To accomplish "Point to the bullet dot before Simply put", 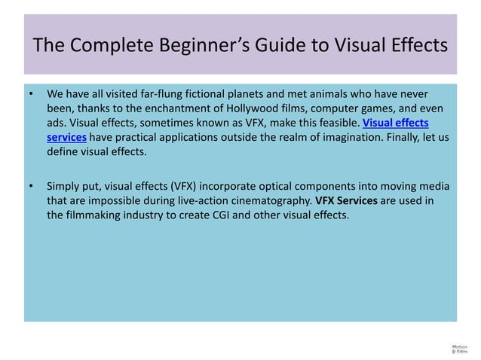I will [x=30, y=187].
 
